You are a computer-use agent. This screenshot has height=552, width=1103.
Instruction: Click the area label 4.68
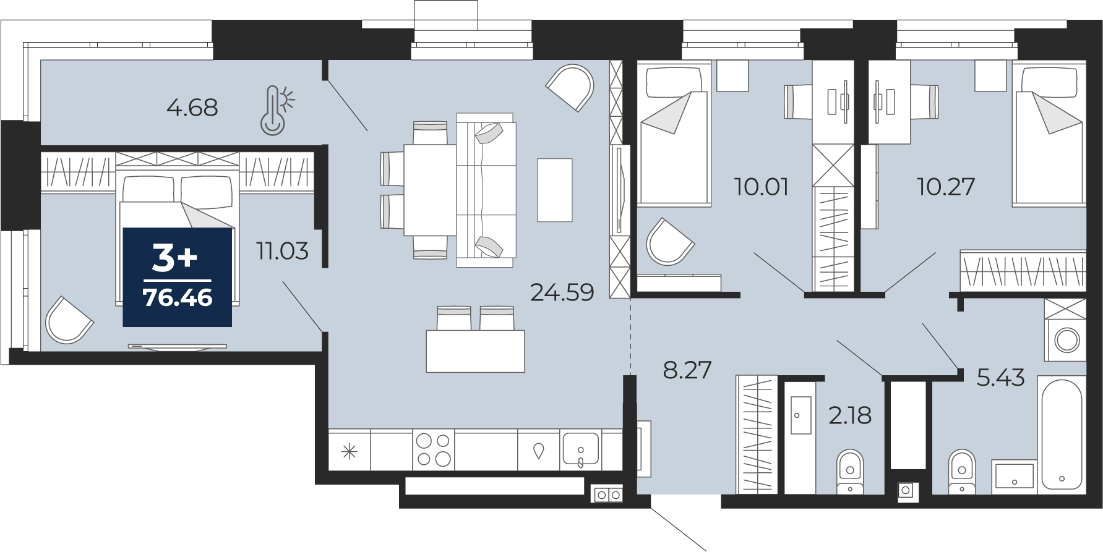192,108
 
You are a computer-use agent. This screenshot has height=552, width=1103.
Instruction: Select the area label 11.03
283,251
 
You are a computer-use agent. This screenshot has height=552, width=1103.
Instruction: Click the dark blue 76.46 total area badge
178,277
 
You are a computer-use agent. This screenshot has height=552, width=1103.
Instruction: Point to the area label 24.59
562,292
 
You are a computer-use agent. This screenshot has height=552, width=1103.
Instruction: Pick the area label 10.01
762,186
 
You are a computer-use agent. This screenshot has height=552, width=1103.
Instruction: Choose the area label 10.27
946,186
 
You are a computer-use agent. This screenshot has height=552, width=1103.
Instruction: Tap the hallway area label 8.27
687,370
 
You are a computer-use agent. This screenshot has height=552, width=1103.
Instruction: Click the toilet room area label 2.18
850,415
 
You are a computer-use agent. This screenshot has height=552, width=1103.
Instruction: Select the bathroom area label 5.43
1000,377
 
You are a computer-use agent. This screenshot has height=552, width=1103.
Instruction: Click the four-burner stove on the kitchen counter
434,449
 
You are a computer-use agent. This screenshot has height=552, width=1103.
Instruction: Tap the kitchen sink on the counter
580,449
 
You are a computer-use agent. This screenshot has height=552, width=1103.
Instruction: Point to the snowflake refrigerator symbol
350,452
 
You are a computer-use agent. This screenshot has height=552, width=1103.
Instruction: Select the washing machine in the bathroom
1065,330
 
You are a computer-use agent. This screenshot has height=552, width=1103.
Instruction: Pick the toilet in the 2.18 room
850,472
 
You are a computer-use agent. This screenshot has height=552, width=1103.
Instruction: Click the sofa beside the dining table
486,190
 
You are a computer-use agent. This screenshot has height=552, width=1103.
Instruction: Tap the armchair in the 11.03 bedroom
69,320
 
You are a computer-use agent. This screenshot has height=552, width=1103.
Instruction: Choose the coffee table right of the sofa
555,190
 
